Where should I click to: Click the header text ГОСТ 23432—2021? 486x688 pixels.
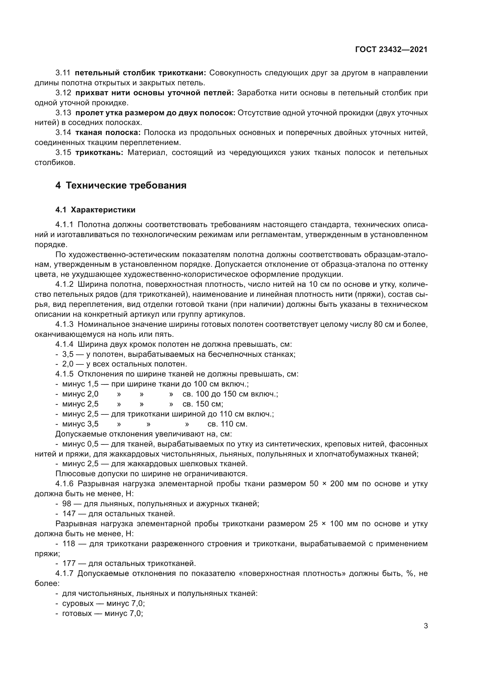391,49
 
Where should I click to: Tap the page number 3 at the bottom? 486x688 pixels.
425,626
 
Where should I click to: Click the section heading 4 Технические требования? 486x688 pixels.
121,186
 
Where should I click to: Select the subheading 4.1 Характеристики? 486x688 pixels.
95,210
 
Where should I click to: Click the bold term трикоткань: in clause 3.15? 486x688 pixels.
99,153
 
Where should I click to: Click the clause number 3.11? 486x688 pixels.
63,73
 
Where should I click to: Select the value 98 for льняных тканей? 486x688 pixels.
67,503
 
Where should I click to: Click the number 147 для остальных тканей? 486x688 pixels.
69,514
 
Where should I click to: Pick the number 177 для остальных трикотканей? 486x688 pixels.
69,563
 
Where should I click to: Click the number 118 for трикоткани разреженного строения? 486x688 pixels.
69,544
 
